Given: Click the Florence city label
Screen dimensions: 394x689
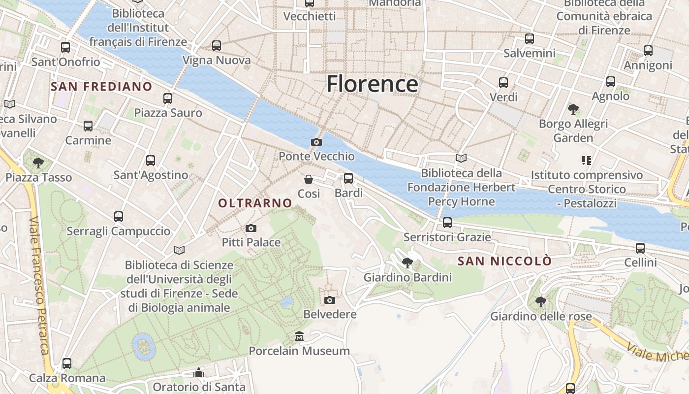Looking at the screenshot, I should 372,84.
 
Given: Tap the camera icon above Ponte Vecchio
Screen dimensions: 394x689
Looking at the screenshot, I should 316,142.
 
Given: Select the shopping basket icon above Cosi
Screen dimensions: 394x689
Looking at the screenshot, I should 309,179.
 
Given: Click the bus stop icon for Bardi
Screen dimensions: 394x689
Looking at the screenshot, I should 348,178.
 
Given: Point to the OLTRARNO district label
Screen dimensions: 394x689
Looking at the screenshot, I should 255,203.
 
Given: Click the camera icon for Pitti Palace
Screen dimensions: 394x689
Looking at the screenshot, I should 251,228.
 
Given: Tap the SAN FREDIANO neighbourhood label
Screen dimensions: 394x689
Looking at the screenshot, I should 101,87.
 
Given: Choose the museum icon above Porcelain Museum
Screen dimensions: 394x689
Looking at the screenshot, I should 299,337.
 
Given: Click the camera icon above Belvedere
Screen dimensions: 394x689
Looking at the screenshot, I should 330,300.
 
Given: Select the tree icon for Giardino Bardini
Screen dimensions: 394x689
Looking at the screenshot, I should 407,263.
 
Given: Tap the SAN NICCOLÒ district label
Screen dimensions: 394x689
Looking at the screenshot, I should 504,261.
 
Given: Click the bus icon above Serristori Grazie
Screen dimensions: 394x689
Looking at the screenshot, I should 447,223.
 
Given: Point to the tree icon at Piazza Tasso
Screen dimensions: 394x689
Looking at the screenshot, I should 38,163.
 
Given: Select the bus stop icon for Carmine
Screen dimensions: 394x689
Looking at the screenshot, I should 88,126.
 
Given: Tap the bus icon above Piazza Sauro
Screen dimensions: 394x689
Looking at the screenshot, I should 168,98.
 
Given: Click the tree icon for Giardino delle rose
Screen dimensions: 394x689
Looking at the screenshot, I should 540,301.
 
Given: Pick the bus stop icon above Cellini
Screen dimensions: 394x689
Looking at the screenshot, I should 640,248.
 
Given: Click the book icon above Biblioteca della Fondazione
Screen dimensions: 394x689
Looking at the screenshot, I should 461,159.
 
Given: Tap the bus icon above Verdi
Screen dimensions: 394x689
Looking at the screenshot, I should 503,83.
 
